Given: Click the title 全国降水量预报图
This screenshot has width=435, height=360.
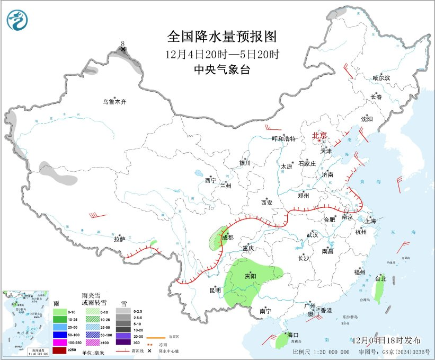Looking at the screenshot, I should tap(222, 37).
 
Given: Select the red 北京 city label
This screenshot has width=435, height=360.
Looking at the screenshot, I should tap(319, 135).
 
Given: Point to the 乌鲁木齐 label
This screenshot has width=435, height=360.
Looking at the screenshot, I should tap(115, 102).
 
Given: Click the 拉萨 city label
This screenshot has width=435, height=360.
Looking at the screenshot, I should tap(119, 239).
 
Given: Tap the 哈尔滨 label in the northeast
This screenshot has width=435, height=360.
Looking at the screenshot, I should tap(380, 78).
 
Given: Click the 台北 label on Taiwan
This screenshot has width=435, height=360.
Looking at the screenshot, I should tap(380, 278).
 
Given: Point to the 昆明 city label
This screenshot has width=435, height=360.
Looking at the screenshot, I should tap(215, 290).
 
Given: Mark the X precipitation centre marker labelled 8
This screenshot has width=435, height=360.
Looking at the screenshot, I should tap(123, 49).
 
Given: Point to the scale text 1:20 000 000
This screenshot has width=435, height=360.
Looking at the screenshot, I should tap(329, 352).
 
